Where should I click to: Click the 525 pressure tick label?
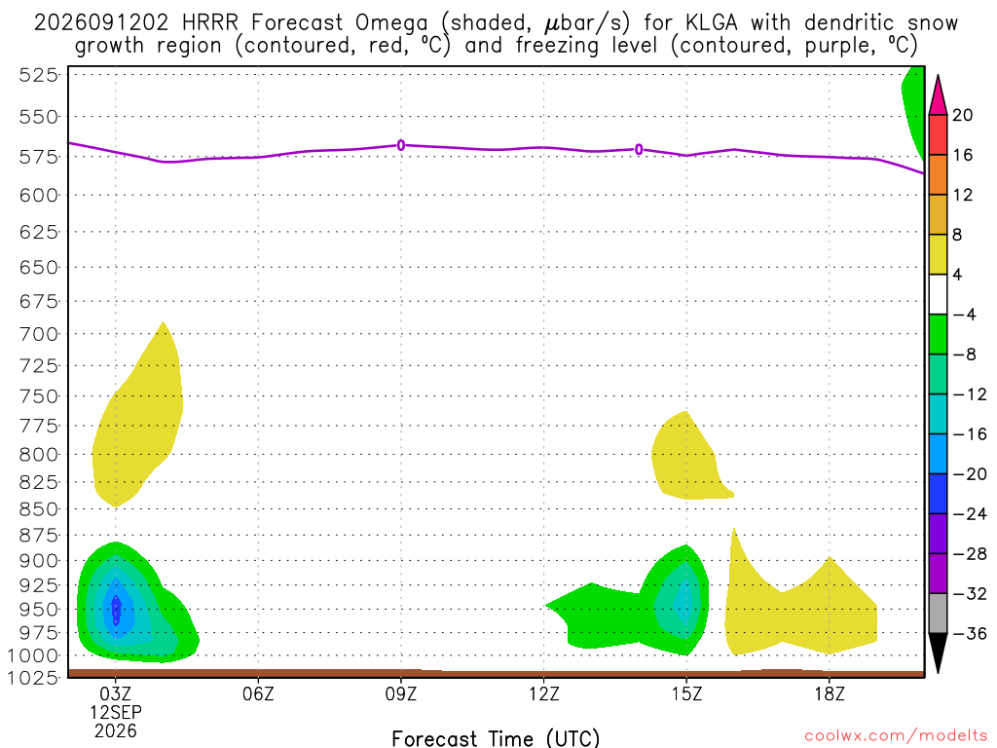point(38,75)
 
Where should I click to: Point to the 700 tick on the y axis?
point(38,334)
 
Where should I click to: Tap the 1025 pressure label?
point(33,678)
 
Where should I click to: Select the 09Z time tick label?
point(401,693)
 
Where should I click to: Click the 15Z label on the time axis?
point(686,693)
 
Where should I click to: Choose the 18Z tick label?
point(830,693)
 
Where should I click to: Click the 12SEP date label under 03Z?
point(116,712)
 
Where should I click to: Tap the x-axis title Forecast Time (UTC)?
point(496,738)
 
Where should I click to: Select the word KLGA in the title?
point(712,23)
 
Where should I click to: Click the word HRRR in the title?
point(210,23)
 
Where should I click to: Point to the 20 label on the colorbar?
point(963,115)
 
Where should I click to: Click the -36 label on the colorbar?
point(969,633)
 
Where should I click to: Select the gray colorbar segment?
point(938,614)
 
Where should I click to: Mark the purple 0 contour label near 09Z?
point(401,146)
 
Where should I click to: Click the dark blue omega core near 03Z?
point(117,611)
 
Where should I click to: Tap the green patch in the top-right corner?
point(914,108)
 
